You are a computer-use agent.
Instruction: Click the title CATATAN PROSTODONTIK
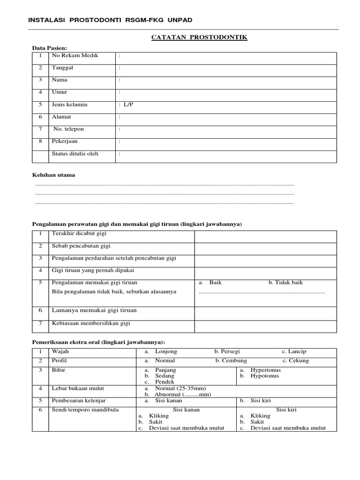[199, 37]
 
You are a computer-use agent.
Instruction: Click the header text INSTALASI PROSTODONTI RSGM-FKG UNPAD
[110, 20]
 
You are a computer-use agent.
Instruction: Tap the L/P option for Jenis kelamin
[128, 105]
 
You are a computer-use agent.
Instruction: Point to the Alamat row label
[61, 117]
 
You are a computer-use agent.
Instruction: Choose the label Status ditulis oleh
[75, 153]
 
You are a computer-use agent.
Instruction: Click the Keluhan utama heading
[53, 175]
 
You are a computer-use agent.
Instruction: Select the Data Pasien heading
[49, 48]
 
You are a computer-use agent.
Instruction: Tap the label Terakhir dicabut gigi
[78, 233]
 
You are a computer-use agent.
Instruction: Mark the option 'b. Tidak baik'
[285, 283]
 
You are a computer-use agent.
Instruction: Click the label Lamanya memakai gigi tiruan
[94, 310]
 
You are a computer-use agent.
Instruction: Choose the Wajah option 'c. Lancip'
[294, 351]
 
